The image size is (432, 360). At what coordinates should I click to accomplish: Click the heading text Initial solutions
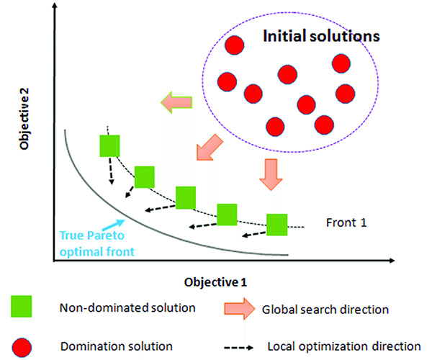point(320,35)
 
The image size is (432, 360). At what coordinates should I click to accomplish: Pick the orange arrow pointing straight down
point(270,176)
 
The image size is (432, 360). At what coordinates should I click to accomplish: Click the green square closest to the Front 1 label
point(276,224)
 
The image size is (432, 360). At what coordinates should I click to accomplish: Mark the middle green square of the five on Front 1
point(186,197)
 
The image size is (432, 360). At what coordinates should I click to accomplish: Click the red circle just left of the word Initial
point(233,45)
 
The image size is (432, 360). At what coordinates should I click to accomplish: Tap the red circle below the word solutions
point(342,63)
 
